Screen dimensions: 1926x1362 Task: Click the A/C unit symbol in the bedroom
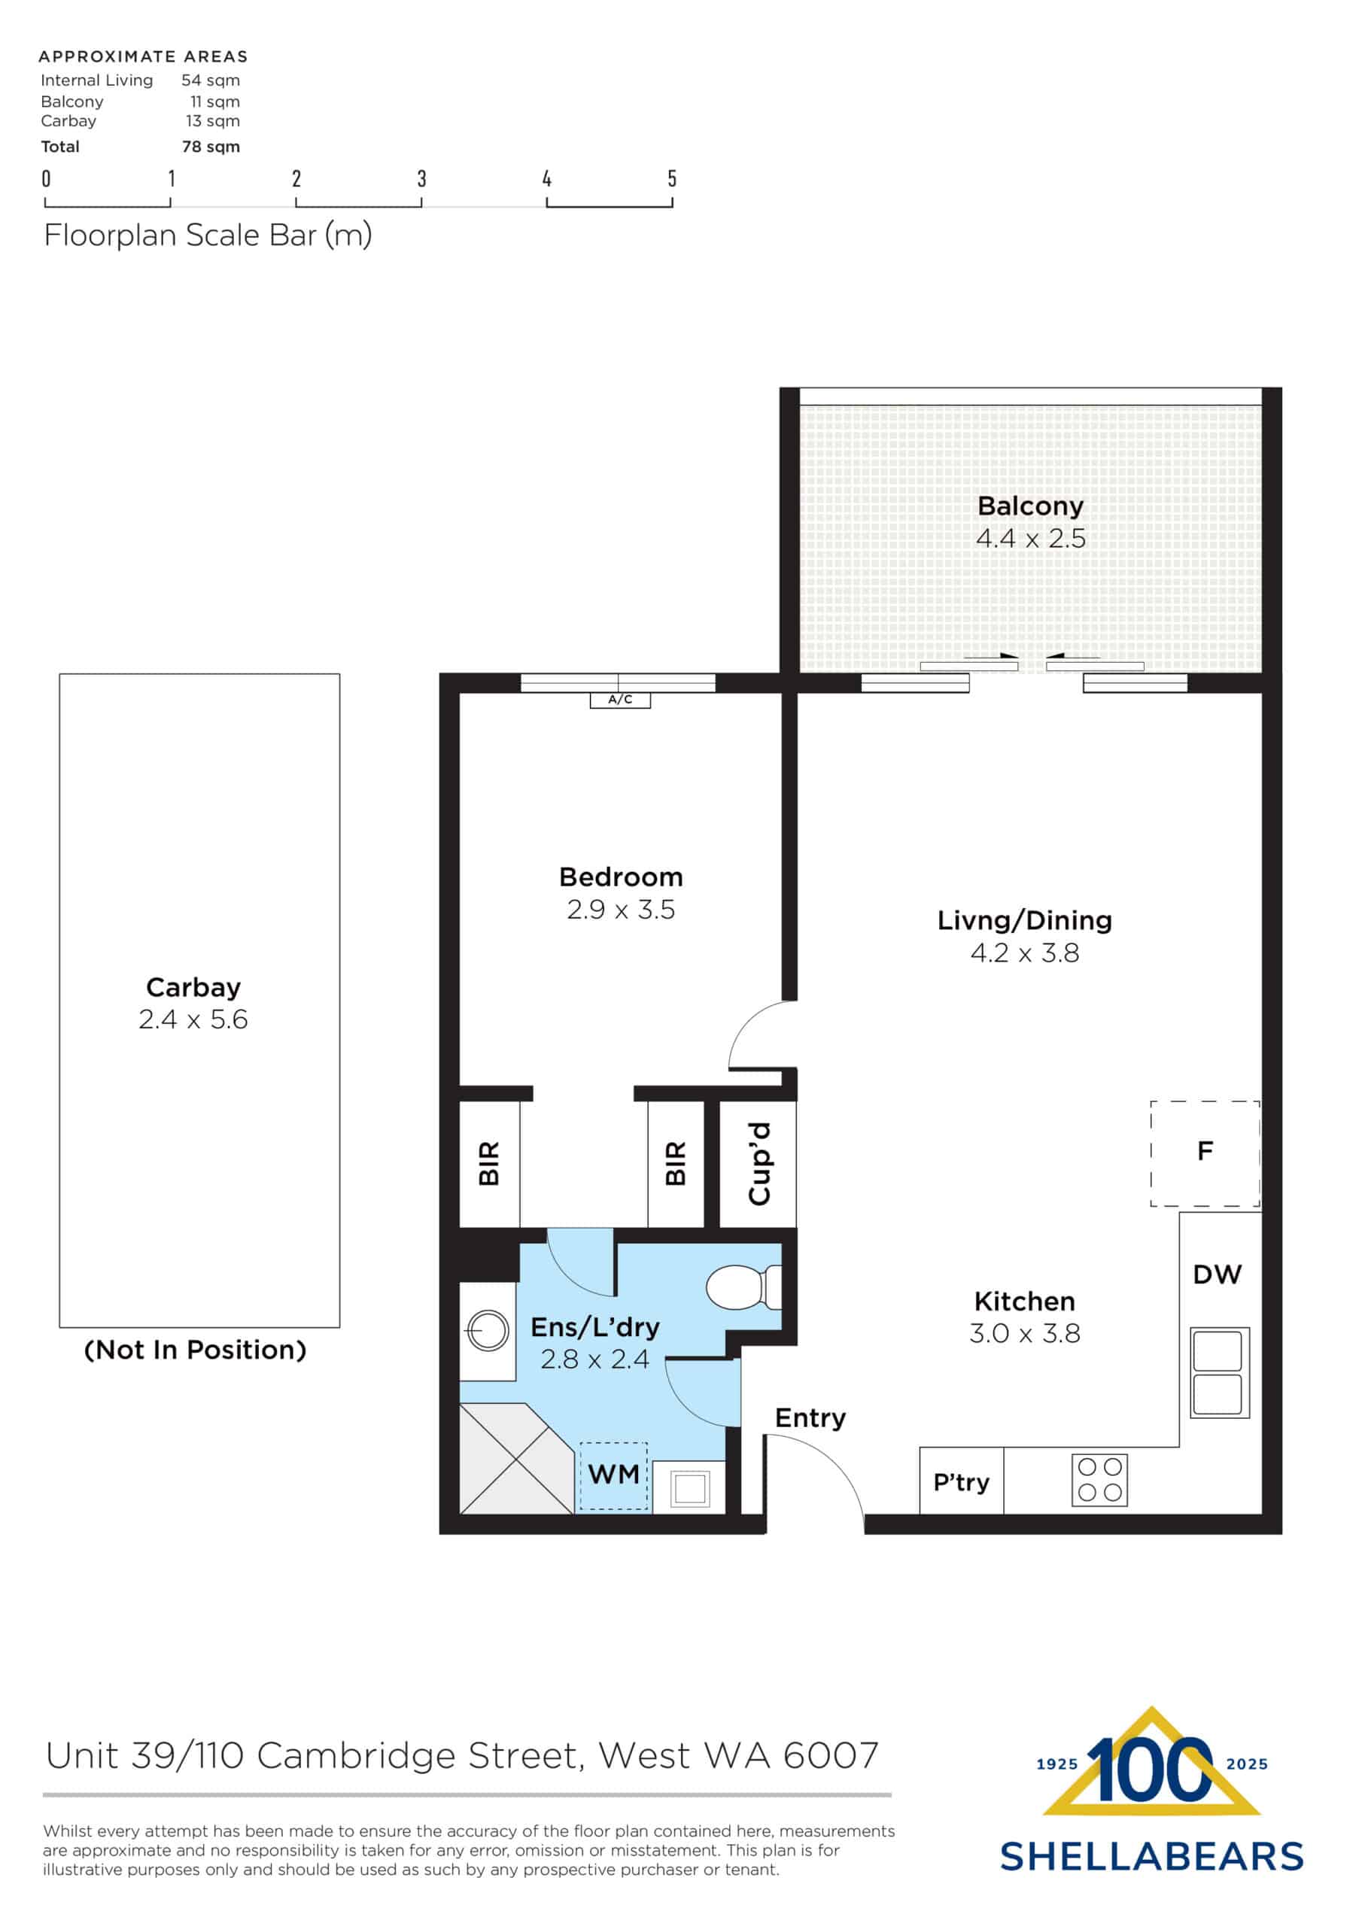[619, 700]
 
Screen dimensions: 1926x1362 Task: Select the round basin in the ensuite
[488, 1330]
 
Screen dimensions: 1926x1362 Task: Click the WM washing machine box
[613, 1475]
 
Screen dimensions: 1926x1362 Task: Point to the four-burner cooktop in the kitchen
[1099, 1480]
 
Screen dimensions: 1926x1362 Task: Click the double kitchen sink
[1218, 1373]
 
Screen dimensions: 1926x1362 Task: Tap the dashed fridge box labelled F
[1204, 1153]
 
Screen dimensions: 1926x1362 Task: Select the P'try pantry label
[961, 1482]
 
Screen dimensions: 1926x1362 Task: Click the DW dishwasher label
[1217, 1275]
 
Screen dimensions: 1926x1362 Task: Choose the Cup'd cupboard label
[759, 1163]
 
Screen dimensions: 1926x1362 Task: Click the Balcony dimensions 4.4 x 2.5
[1030, 539]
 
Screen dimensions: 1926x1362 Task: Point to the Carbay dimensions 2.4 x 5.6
[193, 1019]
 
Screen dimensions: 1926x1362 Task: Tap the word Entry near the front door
[810, 1418]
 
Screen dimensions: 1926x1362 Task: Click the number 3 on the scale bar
[421, 178]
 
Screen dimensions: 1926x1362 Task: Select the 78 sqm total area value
[211, 147]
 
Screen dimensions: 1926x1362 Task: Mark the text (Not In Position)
[195, 1350]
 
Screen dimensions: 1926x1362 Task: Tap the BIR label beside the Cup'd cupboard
[676, 1163]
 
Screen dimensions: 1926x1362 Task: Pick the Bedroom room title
[620, 877]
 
